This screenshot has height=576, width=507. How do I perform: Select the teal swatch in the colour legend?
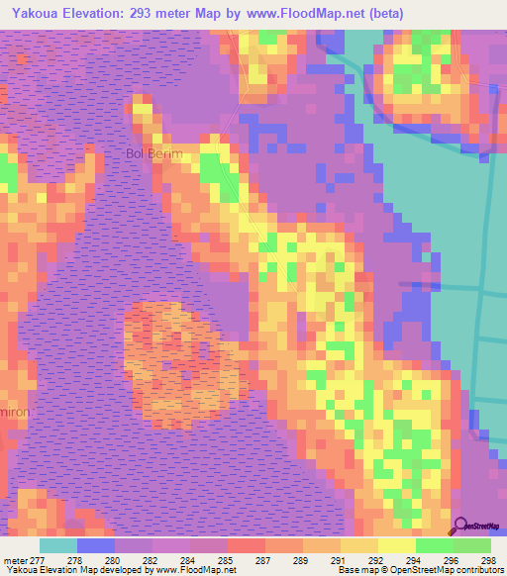[x=58, y=545]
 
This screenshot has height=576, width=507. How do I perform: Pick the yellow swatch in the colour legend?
[x=397, y=545]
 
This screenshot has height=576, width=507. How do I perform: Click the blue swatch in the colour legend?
[x=96, y=545]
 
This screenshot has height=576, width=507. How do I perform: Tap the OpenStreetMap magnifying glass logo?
[x=459, y=527]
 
